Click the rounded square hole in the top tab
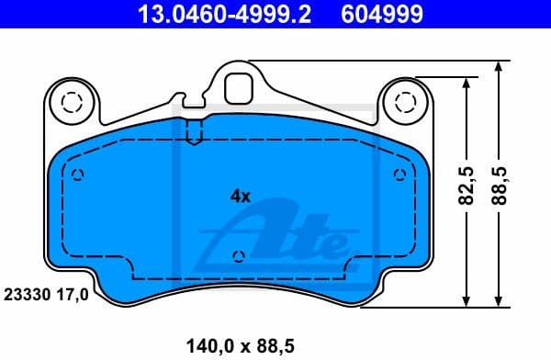coord(239,86)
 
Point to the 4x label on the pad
coord(240,195)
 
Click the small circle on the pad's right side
coord(399,175)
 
